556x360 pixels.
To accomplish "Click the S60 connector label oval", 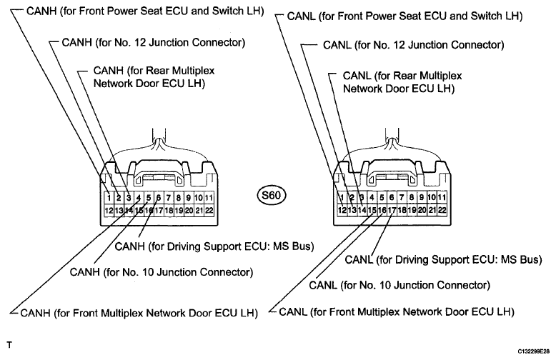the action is click(272, 195).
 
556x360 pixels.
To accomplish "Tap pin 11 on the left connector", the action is click(209, 198).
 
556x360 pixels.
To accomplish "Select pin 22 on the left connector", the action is click(209, 211).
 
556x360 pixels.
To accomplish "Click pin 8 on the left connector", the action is click(179, 198).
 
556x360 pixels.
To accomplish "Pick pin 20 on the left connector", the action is click(189, 211).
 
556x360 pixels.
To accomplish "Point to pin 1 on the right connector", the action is click(342, 197).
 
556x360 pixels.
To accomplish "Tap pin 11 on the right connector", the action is click(442, 197).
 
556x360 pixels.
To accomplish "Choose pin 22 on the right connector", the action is click(442, 210).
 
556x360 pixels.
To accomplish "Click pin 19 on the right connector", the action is click(412, 210).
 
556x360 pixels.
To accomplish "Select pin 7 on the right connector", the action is click(402, 197).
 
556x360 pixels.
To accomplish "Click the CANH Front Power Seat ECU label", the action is click(145, 11).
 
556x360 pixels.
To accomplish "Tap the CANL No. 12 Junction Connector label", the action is click(414, 45).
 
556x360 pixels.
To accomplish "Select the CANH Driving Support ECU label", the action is click(214, 246).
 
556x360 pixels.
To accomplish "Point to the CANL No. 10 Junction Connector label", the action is click(399, 285).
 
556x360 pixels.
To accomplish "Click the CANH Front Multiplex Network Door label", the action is click(139, 313).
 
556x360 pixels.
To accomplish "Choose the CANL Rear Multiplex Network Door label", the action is click(402, 82).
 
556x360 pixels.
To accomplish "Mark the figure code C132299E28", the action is click(534, 351).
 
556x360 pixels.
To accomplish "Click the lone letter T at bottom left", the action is click(9, 345).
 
